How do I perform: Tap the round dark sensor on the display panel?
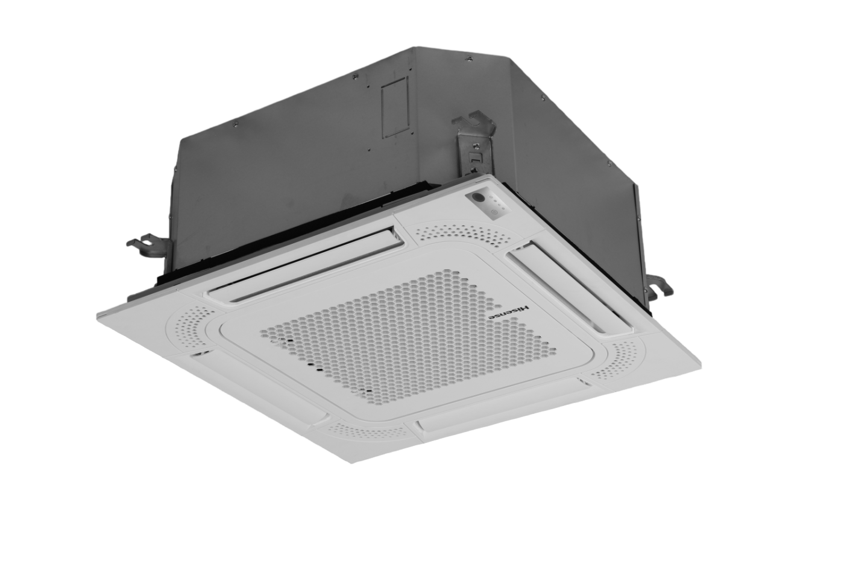(x=478, y=197)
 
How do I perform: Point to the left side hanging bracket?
(x=144, y=244)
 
